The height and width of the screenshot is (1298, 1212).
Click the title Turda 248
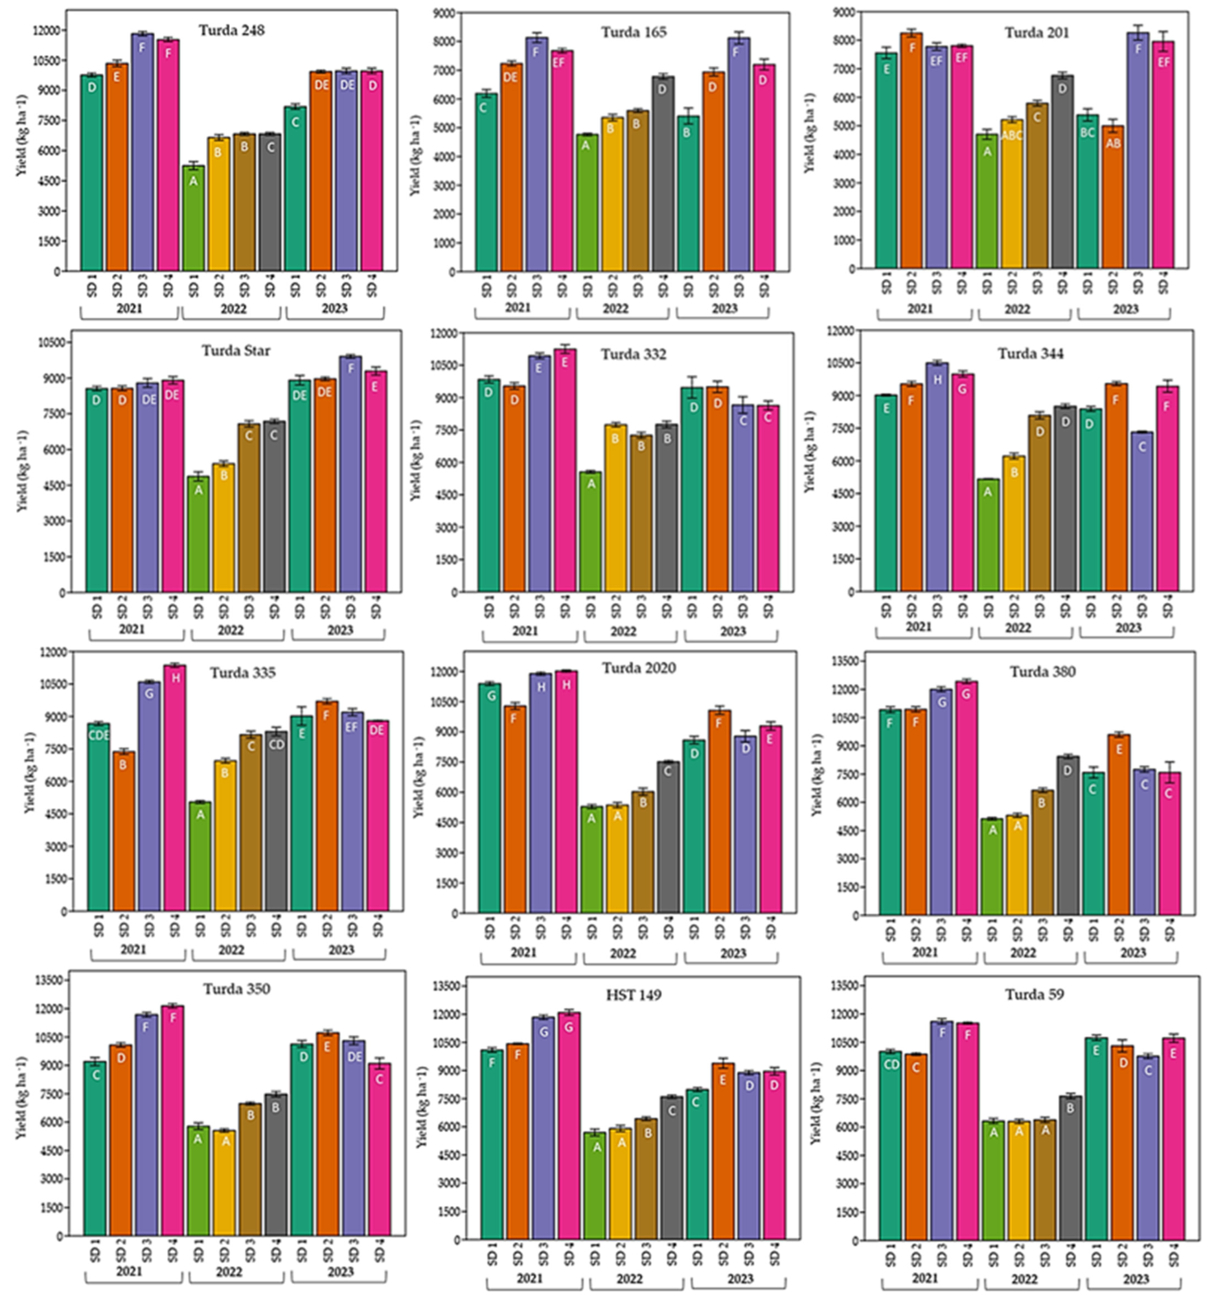(x=232, y=30)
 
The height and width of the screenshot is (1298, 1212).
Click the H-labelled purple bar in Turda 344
(x=937, y=477)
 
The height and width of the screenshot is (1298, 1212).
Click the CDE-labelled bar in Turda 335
(x=98, y=816)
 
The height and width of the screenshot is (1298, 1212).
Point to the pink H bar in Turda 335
(x=175, y=787)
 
